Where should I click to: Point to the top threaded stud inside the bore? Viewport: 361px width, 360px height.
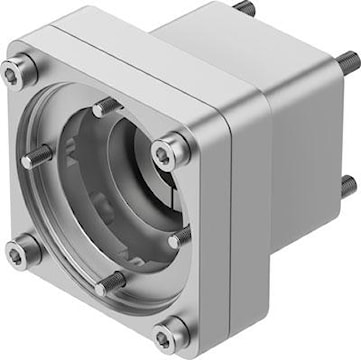[x=104, y=106]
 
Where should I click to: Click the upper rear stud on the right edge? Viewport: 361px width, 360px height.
[x=347, y=62]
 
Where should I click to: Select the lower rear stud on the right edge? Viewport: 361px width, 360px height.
[x=347, y=184]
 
